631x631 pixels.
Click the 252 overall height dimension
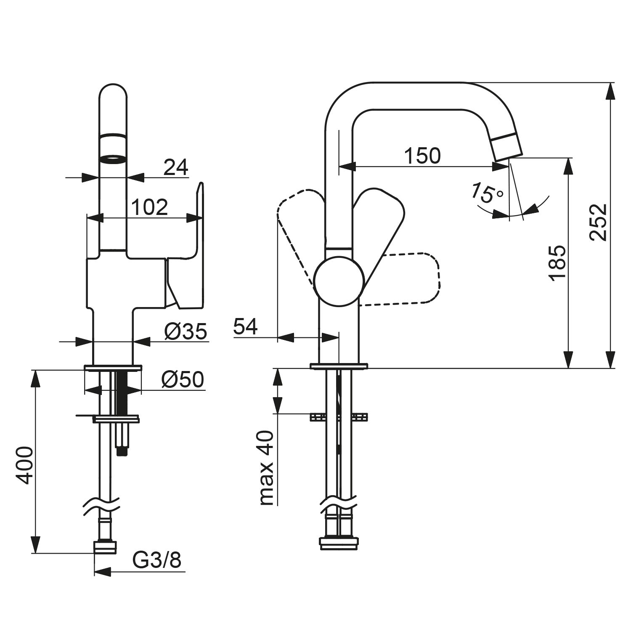tap(598, 222)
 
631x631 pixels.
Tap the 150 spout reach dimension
tap(422, 156)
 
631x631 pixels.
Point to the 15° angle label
tap(486, 193)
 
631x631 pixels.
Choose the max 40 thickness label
tap(267, 468)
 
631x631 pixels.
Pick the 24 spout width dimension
tap(175, 167)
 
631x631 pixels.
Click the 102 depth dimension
tap(149, 207)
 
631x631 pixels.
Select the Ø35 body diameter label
tap(186, 331)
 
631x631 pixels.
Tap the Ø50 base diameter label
tap(182, 379)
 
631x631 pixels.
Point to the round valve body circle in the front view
tap(339, 281)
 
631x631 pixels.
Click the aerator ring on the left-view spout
tap(113, 159)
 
